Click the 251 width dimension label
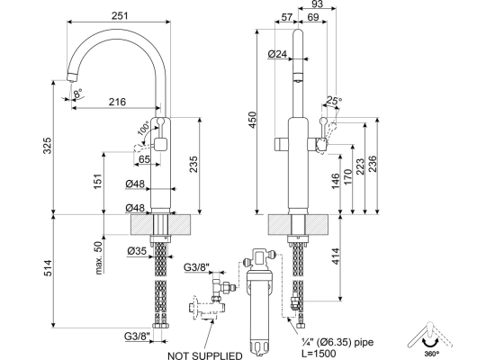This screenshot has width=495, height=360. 120,15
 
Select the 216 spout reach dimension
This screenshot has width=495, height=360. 117,102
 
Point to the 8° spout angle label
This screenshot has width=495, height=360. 77,94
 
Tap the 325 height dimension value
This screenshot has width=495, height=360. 47,145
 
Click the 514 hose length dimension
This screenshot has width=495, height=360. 47,268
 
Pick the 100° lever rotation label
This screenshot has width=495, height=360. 144,129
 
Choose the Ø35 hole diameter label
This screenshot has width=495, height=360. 137,251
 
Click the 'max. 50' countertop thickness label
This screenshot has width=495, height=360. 99,258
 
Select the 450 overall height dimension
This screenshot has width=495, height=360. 253,120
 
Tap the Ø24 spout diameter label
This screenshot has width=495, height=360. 277,54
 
